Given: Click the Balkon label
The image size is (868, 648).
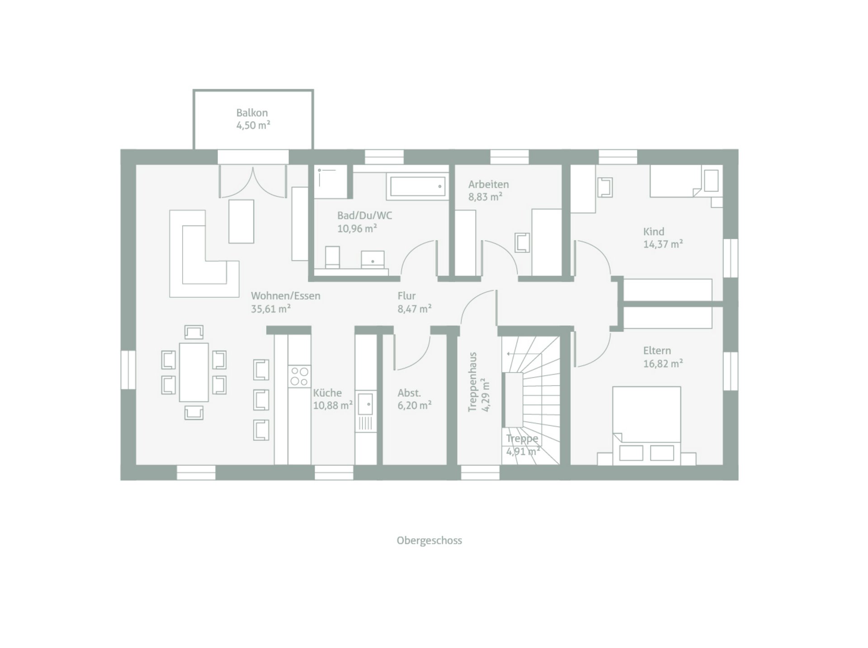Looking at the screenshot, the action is point(252,113).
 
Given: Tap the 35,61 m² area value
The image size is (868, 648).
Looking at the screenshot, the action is point(270,309).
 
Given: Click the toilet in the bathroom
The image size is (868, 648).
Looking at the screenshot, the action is point(332,257).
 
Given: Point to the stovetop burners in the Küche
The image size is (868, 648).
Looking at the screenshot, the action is point(299,376).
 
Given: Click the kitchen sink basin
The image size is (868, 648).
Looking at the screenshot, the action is point(365,404).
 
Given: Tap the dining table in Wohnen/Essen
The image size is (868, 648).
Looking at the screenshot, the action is point(194,372).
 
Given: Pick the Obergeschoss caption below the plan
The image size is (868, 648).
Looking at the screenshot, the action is point(429,540).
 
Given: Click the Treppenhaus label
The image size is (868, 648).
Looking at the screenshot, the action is point(472,382).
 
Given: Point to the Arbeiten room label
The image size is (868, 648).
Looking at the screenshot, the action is point(488,184).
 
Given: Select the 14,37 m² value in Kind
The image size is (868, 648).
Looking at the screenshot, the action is point(663,244).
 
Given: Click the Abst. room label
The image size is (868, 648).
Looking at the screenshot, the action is point(409,393).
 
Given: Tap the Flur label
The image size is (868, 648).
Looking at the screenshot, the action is point(406,296).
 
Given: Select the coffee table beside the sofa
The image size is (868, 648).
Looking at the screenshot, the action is point(241,221).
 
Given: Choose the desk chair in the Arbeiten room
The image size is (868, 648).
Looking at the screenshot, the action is point(522,242).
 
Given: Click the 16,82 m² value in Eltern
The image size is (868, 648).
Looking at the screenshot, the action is point(663,363).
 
